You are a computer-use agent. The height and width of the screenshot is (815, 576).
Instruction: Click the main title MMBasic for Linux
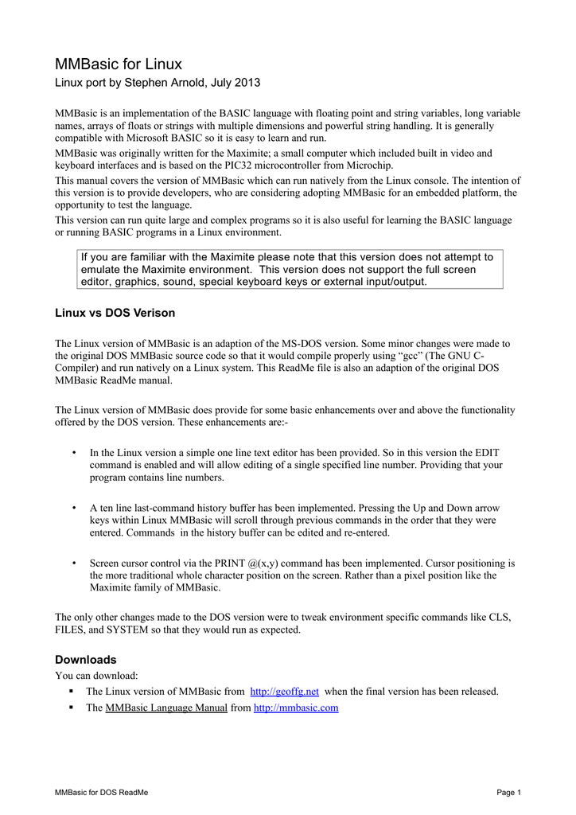[119, 64]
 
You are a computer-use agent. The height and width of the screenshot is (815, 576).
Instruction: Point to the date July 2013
[235, 83]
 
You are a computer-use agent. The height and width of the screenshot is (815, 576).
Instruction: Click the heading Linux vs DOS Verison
[115, 313]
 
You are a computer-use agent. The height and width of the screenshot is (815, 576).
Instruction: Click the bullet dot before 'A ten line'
[74, 507]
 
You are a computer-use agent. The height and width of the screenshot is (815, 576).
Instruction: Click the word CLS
[497, 617]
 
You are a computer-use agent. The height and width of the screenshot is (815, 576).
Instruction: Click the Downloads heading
[85, 660]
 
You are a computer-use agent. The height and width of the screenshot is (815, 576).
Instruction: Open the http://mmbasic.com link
[295, 708]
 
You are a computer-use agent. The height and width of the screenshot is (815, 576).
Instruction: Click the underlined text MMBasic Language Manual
[166, 708]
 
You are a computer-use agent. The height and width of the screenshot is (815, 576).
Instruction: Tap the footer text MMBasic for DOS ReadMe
[101, 793]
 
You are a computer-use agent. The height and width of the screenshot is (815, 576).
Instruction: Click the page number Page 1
[508, 793]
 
